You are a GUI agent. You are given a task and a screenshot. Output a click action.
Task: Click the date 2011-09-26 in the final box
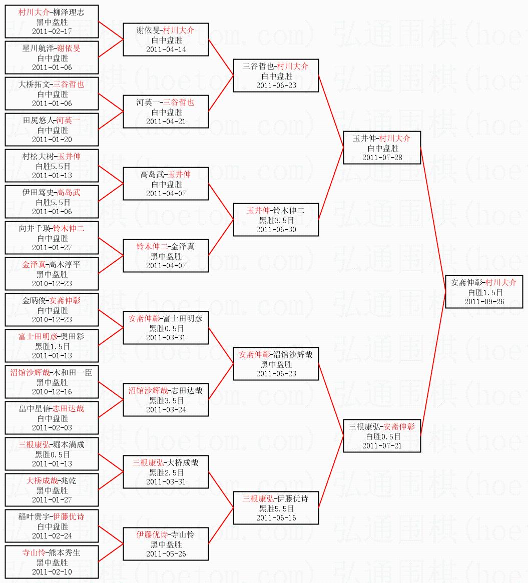click(x=484, y=301)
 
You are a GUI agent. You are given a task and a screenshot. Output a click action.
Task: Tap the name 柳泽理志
click(x=68, y=13)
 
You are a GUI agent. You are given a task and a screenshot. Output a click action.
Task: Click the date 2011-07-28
click(x=382, y=158)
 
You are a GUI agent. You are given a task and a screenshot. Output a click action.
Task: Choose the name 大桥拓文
click(x=35, y=85)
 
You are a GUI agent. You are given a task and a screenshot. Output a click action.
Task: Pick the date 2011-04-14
click(x=166, y=49)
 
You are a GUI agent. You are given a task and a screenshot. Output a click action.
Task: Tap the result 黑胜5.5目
click(x=276, y=508)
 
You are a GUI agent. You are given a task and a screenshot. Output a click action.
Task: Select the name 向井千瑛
click(x=35, y=229)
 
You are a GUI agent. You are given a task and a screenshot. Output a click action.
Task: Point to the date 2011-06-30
click(x=276, y=229)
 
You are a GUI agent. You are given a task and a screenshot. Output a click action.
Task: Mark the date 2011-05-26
click(x=166, y=553)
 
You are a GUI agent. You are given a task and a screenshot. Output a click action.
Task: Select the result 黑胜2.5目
click(x=166, y=472)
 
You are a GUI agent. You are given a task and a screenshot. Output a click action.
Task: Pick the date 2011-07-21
click(x=382, y=445)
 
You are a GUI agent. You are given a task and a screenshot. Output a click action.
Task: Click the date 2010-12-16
click(x=52, y=391)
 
